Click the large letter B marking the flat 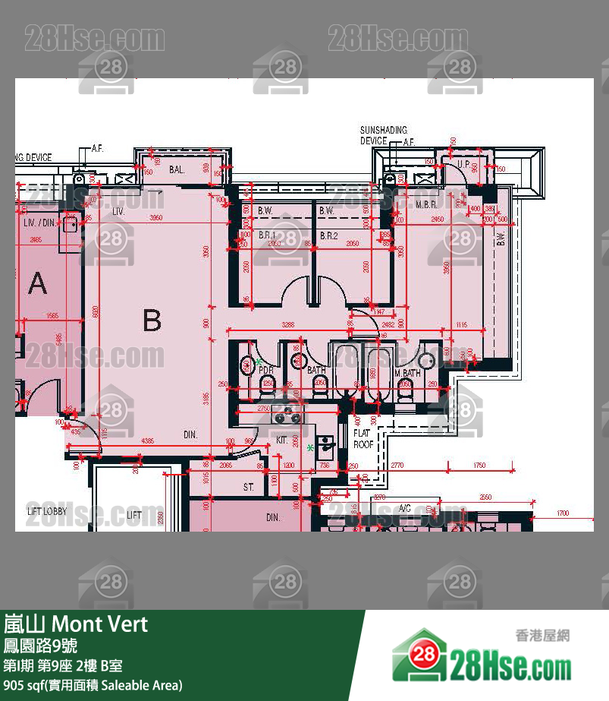point(152,321)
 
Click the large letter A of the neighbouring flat point(37,284)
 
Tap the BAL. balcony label point(177,170)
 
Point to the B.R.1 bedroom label point(267,236)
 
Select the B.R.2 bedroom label point(328,236)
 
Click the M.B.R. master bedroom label point(427,205)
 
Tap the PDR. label point(265,370)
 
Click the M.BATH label point(407,373)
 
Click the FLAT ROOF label point(363,438)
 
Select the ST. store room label point(248,487)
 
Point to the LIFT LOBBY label point(47,511)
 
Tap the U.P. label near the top point(463,164)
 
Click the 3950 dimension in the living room point(155,218)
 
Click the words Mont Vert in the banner point(99,624)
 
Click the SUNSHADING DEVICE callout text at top point(383,135)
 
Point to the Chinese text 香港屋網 point(542,636)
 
